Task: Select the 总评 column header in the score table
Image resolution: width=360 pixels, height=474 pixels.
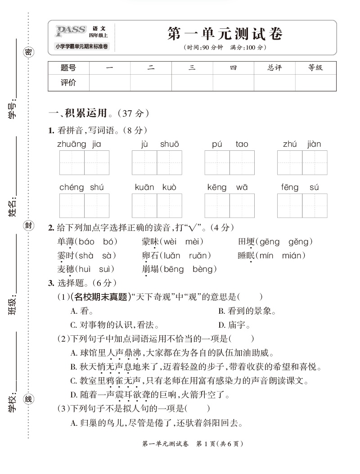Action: (x=274, y=68)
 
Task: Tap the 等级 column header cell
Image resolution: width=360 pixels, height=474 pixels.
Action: (x=315, y=68)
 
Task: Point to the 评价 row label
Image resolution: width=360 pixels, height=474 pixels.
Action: (x=68, y=82)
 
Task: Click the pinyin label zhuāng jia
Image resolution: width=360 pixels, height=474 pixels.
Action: (x=79, y=144)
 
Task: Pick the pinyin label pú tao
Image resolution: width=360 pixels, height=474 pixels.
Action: (x=230, y=144)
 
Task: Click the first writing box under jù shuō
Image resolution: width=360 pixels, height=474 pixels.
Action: (x=144, y=163)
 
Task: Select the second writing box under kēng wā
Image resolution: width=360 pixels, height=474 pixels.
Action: (x=242, y=206)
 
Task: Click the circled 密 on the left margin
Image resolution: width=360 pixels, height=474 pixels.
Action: (x=28, y=52)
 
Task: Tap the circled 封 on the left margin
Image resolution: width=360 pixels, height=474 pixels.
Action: (x=28, y=226)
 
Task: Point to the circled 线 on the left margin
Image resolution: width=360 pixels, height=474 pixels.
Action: (x=28, y=399)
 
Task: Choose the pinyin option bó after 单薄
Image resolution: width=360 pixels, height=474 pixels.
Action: (x=110, y=242)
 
